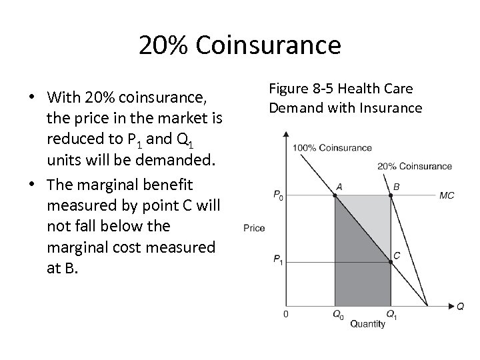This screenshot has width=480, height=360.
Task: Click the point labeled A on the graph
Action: coord(335,195)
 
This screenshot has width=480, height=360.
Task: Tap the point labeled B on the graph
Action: coord(391,195)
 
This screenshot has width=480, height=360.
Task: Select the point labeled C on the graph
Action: coord(391,261)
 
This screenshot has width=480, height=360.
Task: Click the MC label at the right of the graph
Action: coord(447,195)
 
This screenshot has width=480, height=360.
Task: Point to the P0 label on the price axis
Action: coord(278,195)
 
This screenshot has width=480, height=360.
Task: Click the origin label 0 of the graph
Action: coord(286,313)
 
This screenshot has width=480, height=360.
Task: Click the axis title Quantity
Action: coord(367,325)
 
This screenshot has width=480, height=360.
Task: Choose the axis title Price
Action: coord(254,228)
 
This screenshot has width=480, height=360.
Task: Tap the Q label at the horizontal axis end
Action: coord(461,306)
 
